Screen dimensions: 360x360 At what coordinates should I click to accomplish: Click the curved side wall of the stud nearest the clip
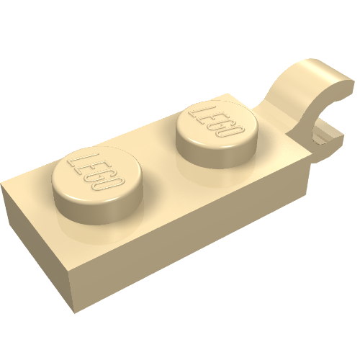click(216, 157)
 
